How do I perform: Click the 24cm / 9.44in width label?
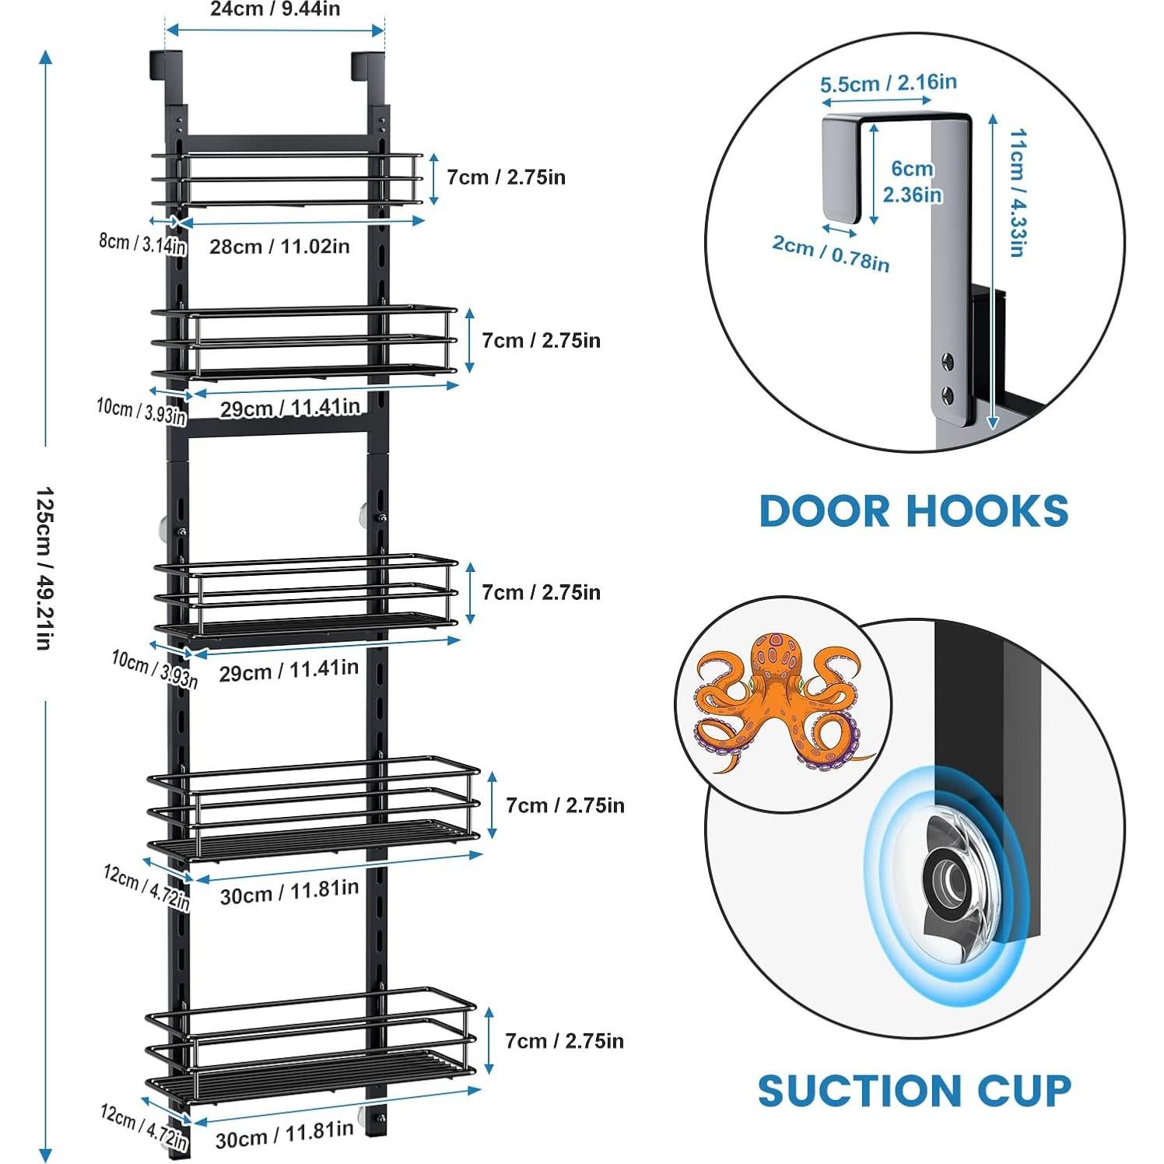tap(275, 9)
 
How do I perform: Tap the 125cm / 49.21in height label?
tap(44, 569)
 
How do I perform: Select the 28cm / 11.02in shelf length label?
tap(279, 247)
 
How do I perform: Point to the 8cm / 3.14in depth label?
tap(142, 244)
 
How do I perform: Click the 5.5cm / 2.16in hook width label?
tap(888, 82)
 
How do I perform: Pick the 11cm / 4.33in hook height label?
tap(1017, 193)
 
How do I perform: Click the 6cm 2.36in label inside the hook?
tap(912, 181)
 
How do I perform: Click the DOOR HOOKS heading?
tap(913, 511)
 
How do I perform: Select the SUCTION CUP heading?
tap(914, 1090)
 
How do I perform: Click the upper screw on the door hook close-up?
tap(947, 360)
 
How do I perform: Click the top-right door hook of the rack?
tap(368, 67)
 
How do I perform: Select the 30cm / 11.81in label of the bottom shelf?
tap(284, 1134)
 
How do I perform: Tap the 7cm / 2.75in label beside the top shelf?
tap(506, 177)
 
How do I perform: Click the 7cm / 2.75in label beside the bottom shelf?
tap(564, 1040)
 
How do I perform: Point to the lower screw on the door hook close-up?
tap(947, 394)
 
